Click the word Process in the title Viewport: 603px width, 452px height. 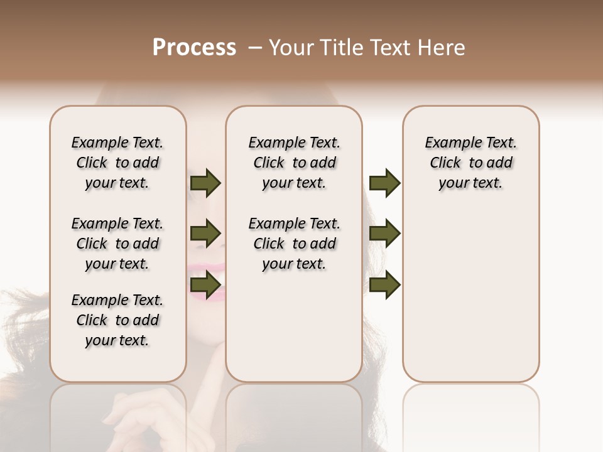[194, 48]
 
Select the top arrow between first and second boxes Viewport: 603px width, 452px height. [205, 183]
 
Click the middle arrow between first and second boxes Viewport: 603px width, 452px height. [205, 234]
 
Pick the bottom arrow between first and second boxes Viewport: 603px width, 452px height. [205, 285]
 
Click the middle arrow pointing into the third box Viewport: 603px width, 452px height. [384, 234]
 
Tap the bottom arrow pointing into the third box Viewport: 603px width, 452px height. [384, 285]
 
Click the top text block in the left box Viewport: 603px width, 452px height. [117, 163]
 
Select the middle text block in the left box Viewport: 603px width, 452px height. [117, 244]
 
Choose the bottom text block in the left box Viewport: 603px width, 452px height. [117, 320]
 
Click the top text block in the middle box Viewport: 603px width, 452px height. [294, 163]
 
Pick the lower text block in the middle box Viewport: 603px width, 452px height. [294, 244]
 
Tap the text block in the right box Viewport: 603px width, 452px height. [470, 163]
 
